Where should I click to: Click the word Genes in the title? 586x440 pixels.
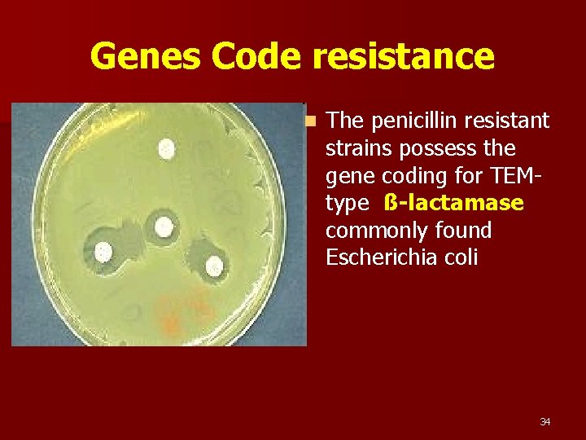(x=144, y=57)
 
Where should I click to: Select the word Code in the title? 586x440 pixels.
(x=254, y=57)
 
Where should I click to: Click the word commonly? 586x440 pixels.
(x=372, y=231)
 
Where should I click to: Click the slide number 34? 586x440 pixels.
(x=544, y=422)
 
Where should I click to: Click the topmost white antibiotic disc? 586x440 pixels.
(x=167, y=148)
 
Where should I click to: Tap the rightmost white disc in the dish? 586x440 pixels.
(x=214, y=266)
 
